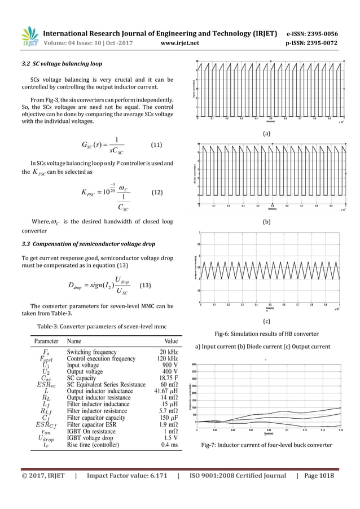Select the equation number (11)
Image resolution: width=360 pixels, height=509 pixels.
click(158, 145)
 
